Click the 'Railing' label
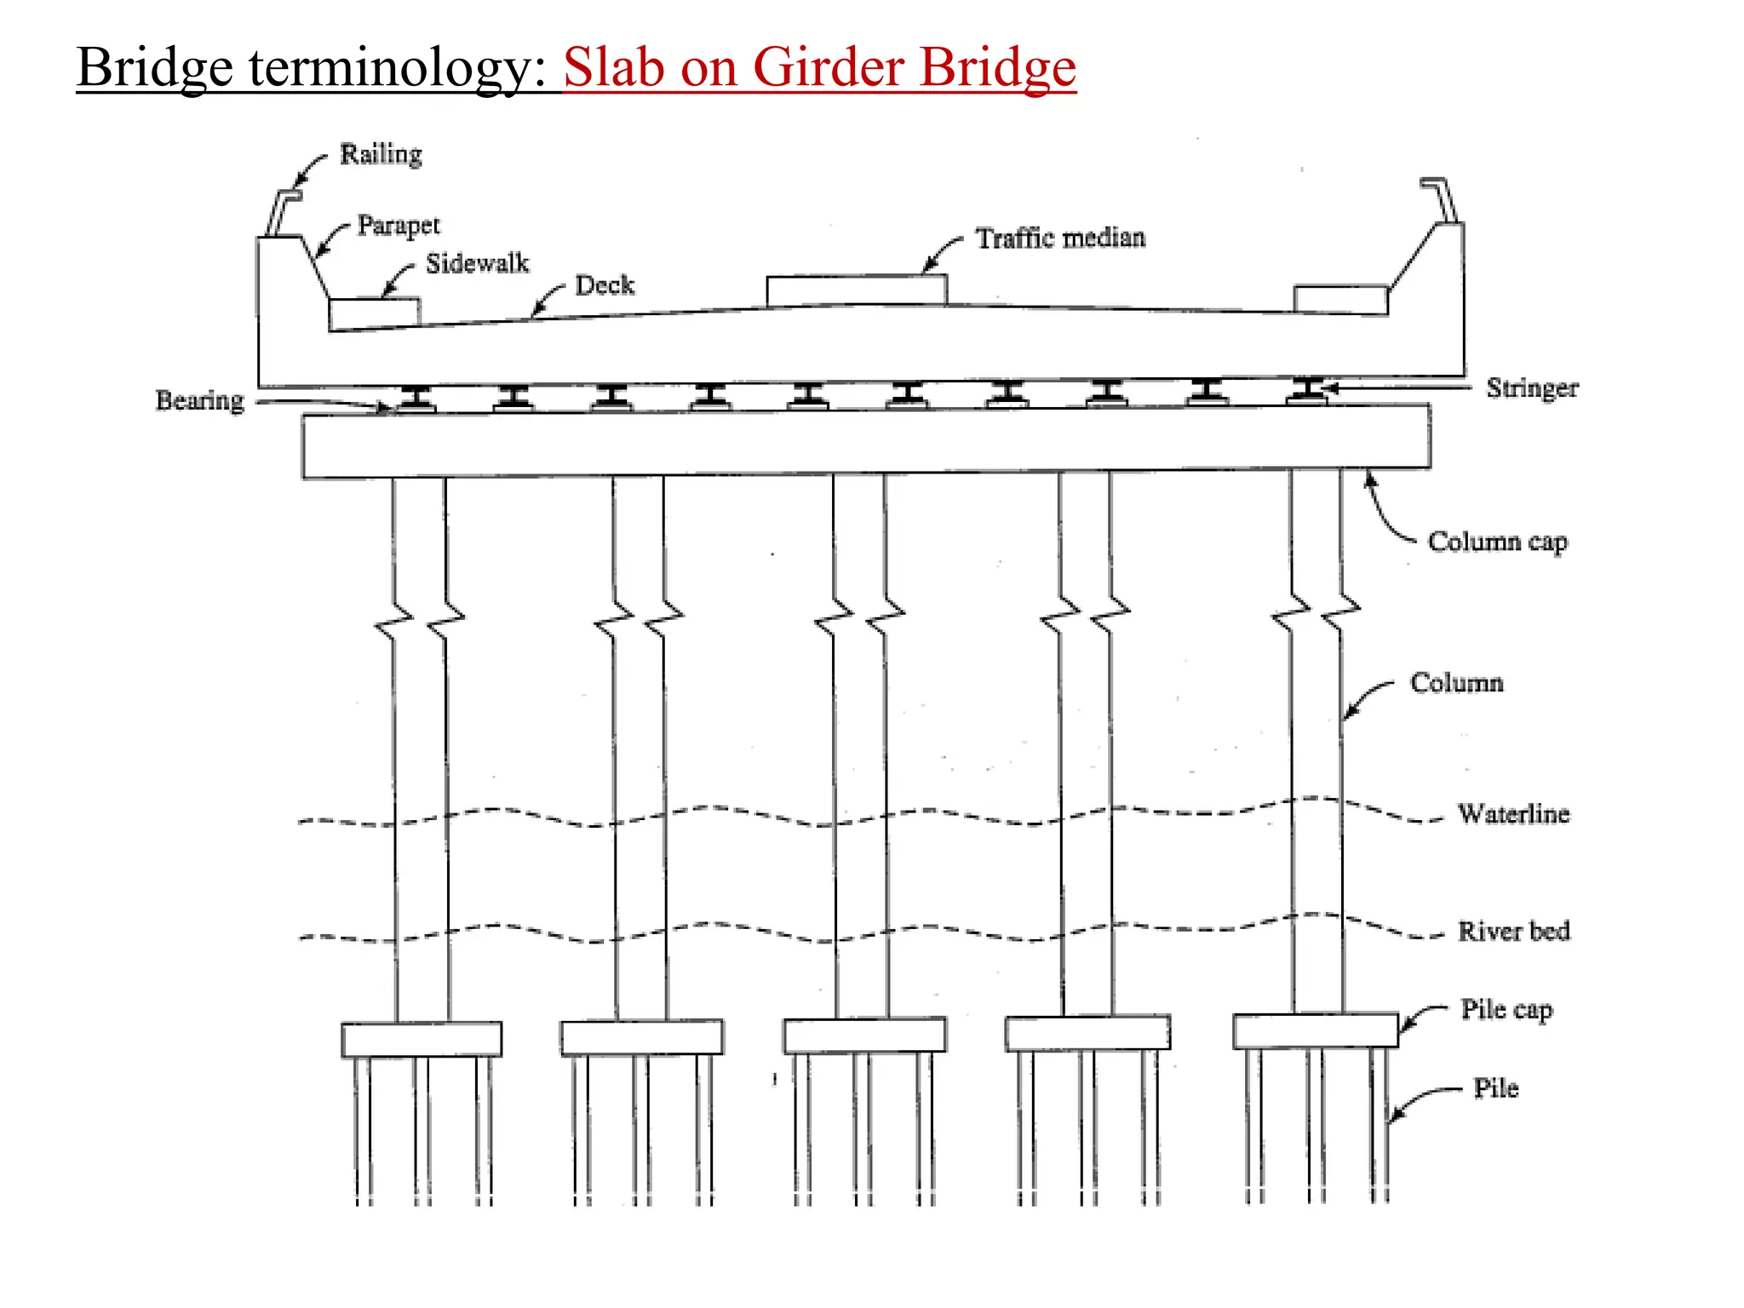tap(381, 155)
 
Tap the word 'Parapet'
tap(399, 226)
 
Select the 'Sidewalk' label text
tap(477, 264)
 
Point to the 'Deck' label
tap(605, 285)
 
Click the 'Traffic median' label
tap(1060, 238)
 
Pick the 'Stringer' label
tap(1532, 388)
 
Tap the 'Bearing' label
tap(199, 400)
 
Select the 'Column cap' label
tap(1497, 542)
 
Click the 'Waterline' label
tap(1513, 814)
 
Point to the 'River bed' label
tap(1513, 931)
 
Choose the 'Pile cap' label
tap(1506, 1010)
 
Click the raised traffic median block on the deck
tap(856, 290)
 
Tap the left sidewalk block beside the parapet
tap(374, 313)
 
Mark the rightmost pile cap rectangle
tap(1315, 1031)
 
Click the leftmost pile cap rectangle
tap(422, 1040)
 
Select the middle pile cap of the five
tap(864, 1035)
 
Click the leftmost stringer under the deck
tap(416, 398)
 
